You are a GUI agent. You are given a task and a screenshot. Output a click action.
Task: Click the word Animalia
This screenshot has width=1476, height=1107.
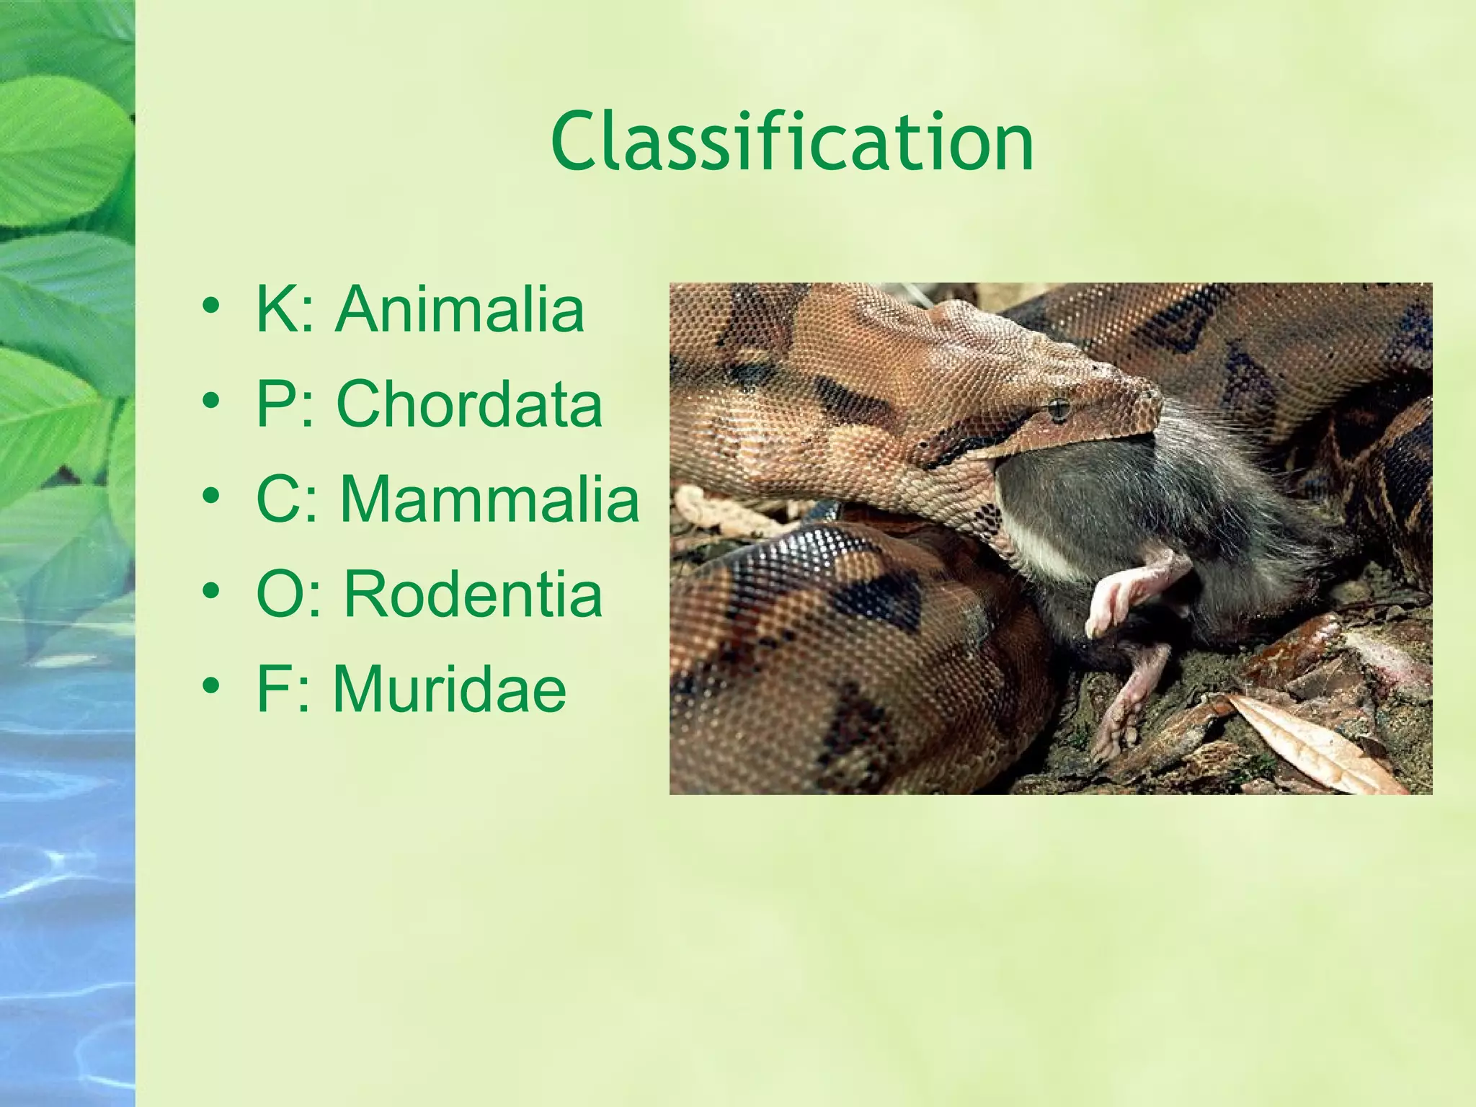pyautogui.click(x=459, y=309)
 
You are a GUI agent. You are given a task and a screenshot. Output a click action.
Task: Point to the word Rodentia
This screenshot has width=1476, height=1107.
pyautogui.click(x=472, y=595)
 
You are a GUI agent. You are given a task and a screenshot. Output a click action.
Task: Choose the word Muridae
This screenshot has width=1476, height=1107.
pyautogui.click(x=449, y=689)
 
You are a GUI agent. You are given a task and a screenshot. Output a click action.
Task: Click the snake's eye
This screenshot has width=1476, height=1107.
pyautogui.click(x=1058, y=409)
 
